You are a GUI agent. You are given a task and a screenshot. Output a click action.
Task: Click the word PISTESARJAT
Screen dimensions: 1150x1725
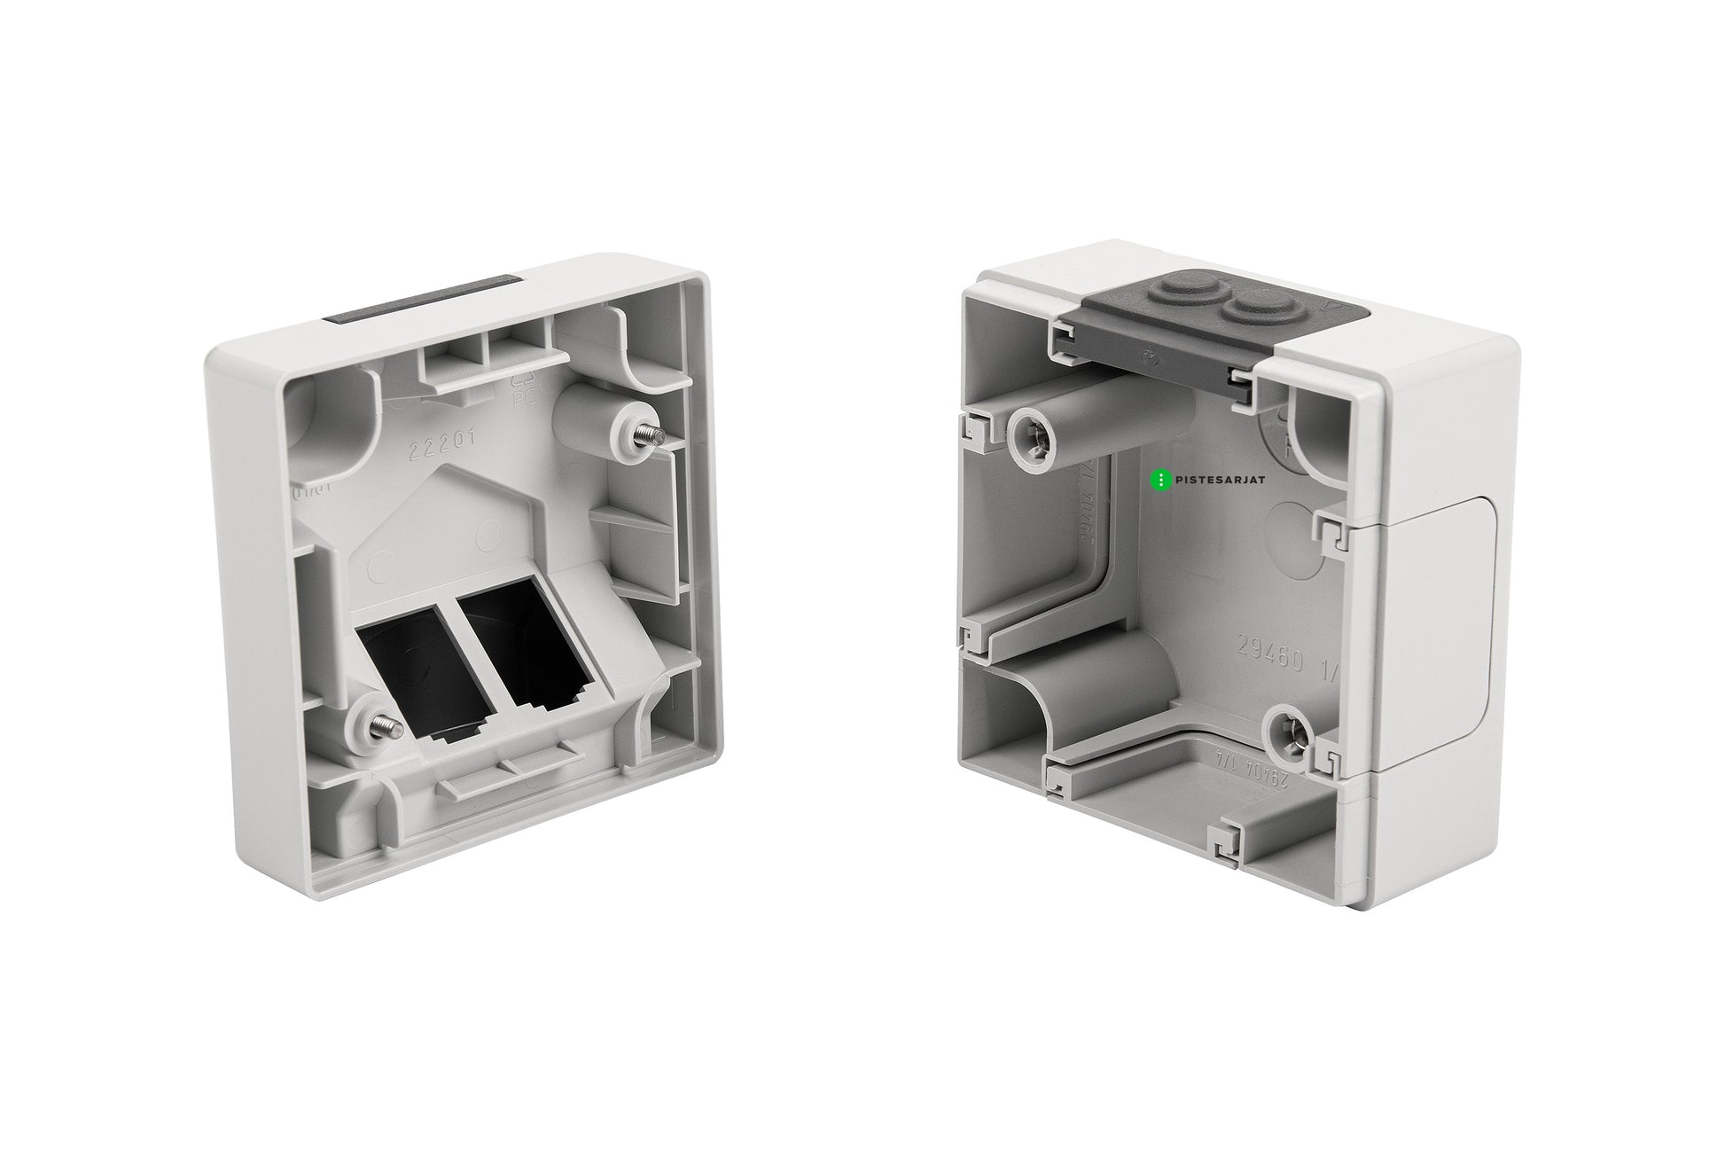click(1221, 481)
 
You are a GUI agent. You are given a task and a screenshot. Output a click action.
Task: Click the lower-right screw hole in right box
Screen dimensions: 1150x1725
click(1286, 730)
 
